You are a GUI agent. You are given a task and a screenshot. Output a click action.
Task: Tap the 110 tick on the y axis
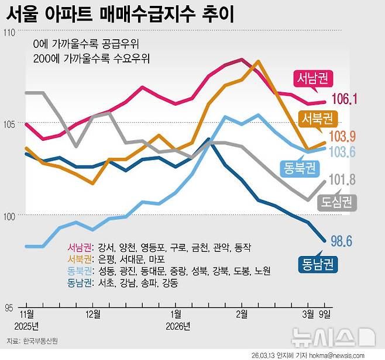pos(11,33)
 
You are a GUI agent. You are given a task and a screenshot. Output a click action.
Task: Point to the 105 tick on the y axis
pos(11,124)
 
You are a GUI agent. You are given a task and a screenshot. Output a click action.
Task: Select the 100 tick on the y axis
pos(11,216)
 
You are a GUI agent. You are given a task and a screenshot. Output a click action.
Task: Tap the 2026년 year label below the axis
pos(178,326)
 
